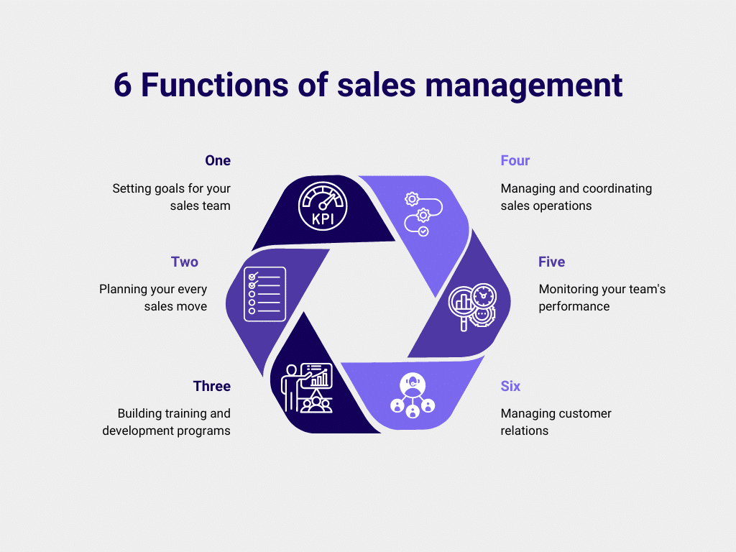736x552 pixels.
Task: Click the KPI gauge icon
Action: tap(323, 206)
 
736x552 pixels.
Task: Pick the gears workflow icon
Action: tap(422, 213)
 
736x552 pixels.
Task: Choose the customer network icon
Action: tap(413, 397)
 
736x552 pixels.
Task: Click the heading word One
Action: tap(218, 160)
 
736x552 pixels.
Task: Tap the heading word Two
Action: tap(185, 262)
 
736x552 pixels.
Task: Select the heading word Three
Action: tap(212, 386)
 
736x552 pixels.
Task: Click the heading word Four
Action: tap(515, 160)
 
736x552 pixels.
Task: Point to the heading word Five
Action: tap(552, 262)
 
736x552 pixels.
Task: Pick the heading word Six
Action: tap(510, 386)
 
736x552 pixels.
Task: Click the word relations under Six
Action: tap(525, 431)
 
